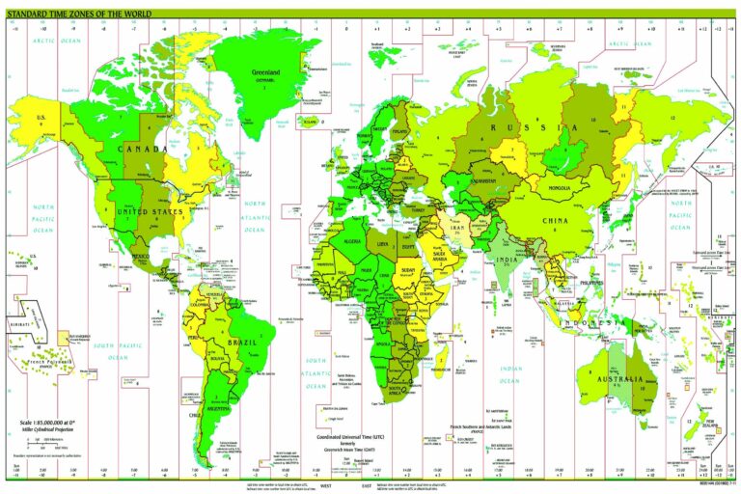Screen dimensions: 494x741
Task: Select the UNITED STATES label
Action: click(150, 211)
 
